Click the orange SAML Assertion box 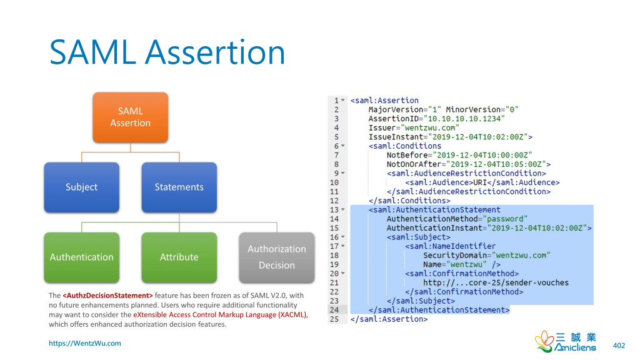pos(131,117)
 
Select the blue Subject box pos(81,187)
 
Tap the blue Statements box pos(179,187)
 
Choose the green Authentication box pos(81,257)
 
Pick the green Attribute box pos(179,257)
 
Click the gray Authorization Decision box pos(276,257)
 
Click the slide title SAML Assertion pos(167,52)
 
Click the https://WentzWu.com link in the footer pos(85,343)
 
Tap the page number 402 pos(619,345)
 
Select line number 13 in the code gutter pos(336,210)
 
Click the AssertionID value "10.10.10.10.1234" pos(464,119)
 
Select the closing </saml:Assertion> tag pos(389,319)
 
